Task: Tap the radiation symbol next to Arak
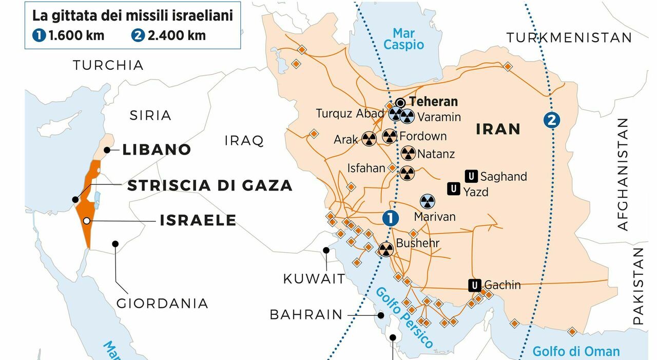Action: (369, 139)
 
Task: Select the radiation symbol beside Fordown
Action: (390, 137)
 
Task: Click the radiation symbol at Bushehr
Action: (385, 250)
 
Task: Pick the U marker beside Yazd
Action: (454, 189)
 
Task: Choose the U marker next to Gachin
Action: (475, 285)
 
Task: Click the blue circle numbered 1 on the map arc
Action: (390, 218)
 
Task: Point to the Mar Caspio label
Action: (404, 39)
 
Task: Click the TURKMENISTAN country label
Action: (569, 37)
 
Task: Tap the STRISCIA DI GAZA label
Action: (209, 185)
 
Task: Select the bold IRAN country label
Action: (498, 129)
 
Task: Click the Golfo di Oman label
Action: (576, 352)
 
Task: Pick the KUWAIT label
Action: (314, 279)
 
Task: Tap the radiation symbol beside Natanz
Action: (408, 153)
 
